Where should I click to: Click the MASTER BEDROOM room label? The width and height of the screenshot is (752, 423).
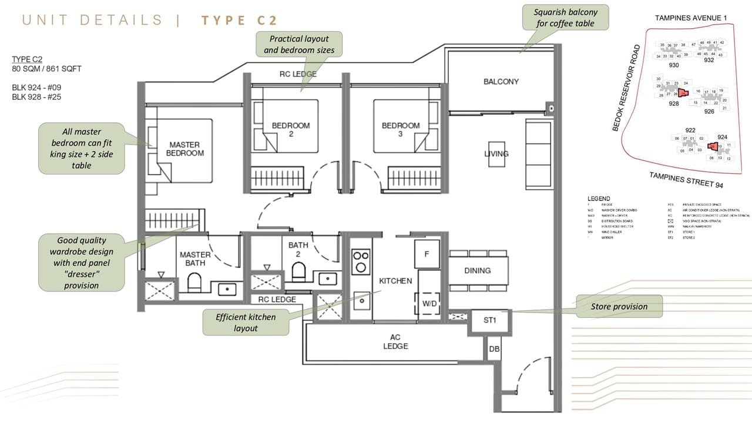pos(184,149)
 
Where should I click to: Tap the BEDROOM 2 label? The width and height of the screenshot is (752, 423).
pos(290,129)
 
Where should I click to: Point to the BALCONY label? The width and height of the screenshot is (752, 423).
pos(501,82)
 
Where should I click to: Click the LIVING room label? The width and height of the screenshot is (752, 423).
pos(496,154)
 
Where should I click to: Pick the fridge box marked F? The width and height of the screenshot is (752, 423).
pos(427,254)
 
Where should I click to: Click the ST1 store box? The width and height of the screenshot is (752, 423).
pos(490,321)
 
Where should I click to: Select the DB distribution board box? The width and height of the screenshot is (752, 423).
pos(494,349)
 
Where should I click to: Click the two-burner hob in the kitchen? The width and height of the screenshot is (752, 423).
pos(360,261)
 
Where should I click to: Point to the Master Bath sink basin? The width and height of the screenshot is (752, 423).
pos(227,288)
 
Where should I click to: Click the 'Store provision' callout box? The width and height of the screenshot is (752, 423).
pos(619,306)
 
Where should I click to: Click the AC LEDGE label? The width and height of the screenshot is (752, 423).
pos(395,342)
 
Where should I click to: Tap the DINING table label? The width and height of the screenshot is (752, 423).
pos(477,270)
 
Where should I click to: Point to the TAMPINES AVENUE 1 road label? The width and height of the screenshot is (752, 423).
pos(690,18)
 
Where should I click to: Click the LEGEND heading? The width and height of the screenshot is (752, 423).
pos(598,199)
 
